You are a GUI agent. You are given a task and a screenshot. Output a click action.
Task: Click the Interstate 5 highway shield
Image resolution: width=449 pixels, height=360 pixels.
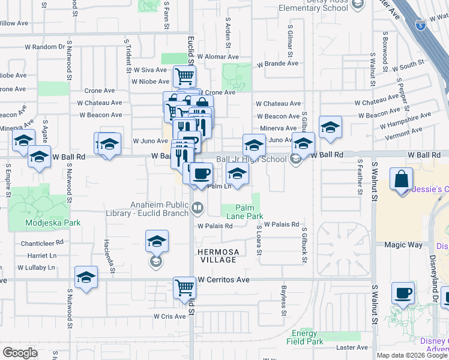421,25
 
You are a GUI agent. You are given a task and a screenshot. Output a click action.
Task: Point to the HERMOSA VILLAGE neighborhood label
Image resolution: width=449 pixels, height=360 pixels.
218,256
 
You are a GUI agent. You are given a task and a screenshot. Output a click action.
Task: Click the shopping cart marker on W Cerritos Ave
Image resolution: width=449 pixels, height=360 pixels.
184,287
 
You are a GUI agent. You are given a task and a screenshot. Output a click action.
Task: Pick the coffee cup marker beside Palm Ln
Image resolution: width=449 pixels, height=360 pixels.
201,173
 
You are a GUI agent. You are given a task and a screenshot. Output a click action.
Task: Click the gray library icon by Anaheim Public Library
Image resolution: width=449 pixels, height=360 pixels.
197,209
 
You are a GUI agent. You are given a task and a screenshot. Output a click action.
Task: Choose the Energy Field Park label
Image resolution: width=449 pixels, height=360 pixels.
308,337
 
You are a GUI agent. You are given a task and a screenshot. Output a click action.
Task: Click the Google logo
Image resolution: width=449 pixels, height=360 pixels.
20,353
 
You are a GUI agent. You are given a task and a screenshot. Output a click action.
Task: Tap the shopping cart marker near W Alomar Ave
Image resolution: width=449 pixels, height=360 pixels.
184,76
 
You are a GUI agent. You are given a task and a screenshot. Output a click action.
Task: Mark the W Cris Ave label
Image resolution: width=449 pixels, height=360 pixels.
169,316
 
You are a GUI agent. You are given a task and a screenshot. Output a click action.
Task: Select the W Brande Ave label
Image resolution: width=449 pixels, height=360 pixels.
277,64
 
